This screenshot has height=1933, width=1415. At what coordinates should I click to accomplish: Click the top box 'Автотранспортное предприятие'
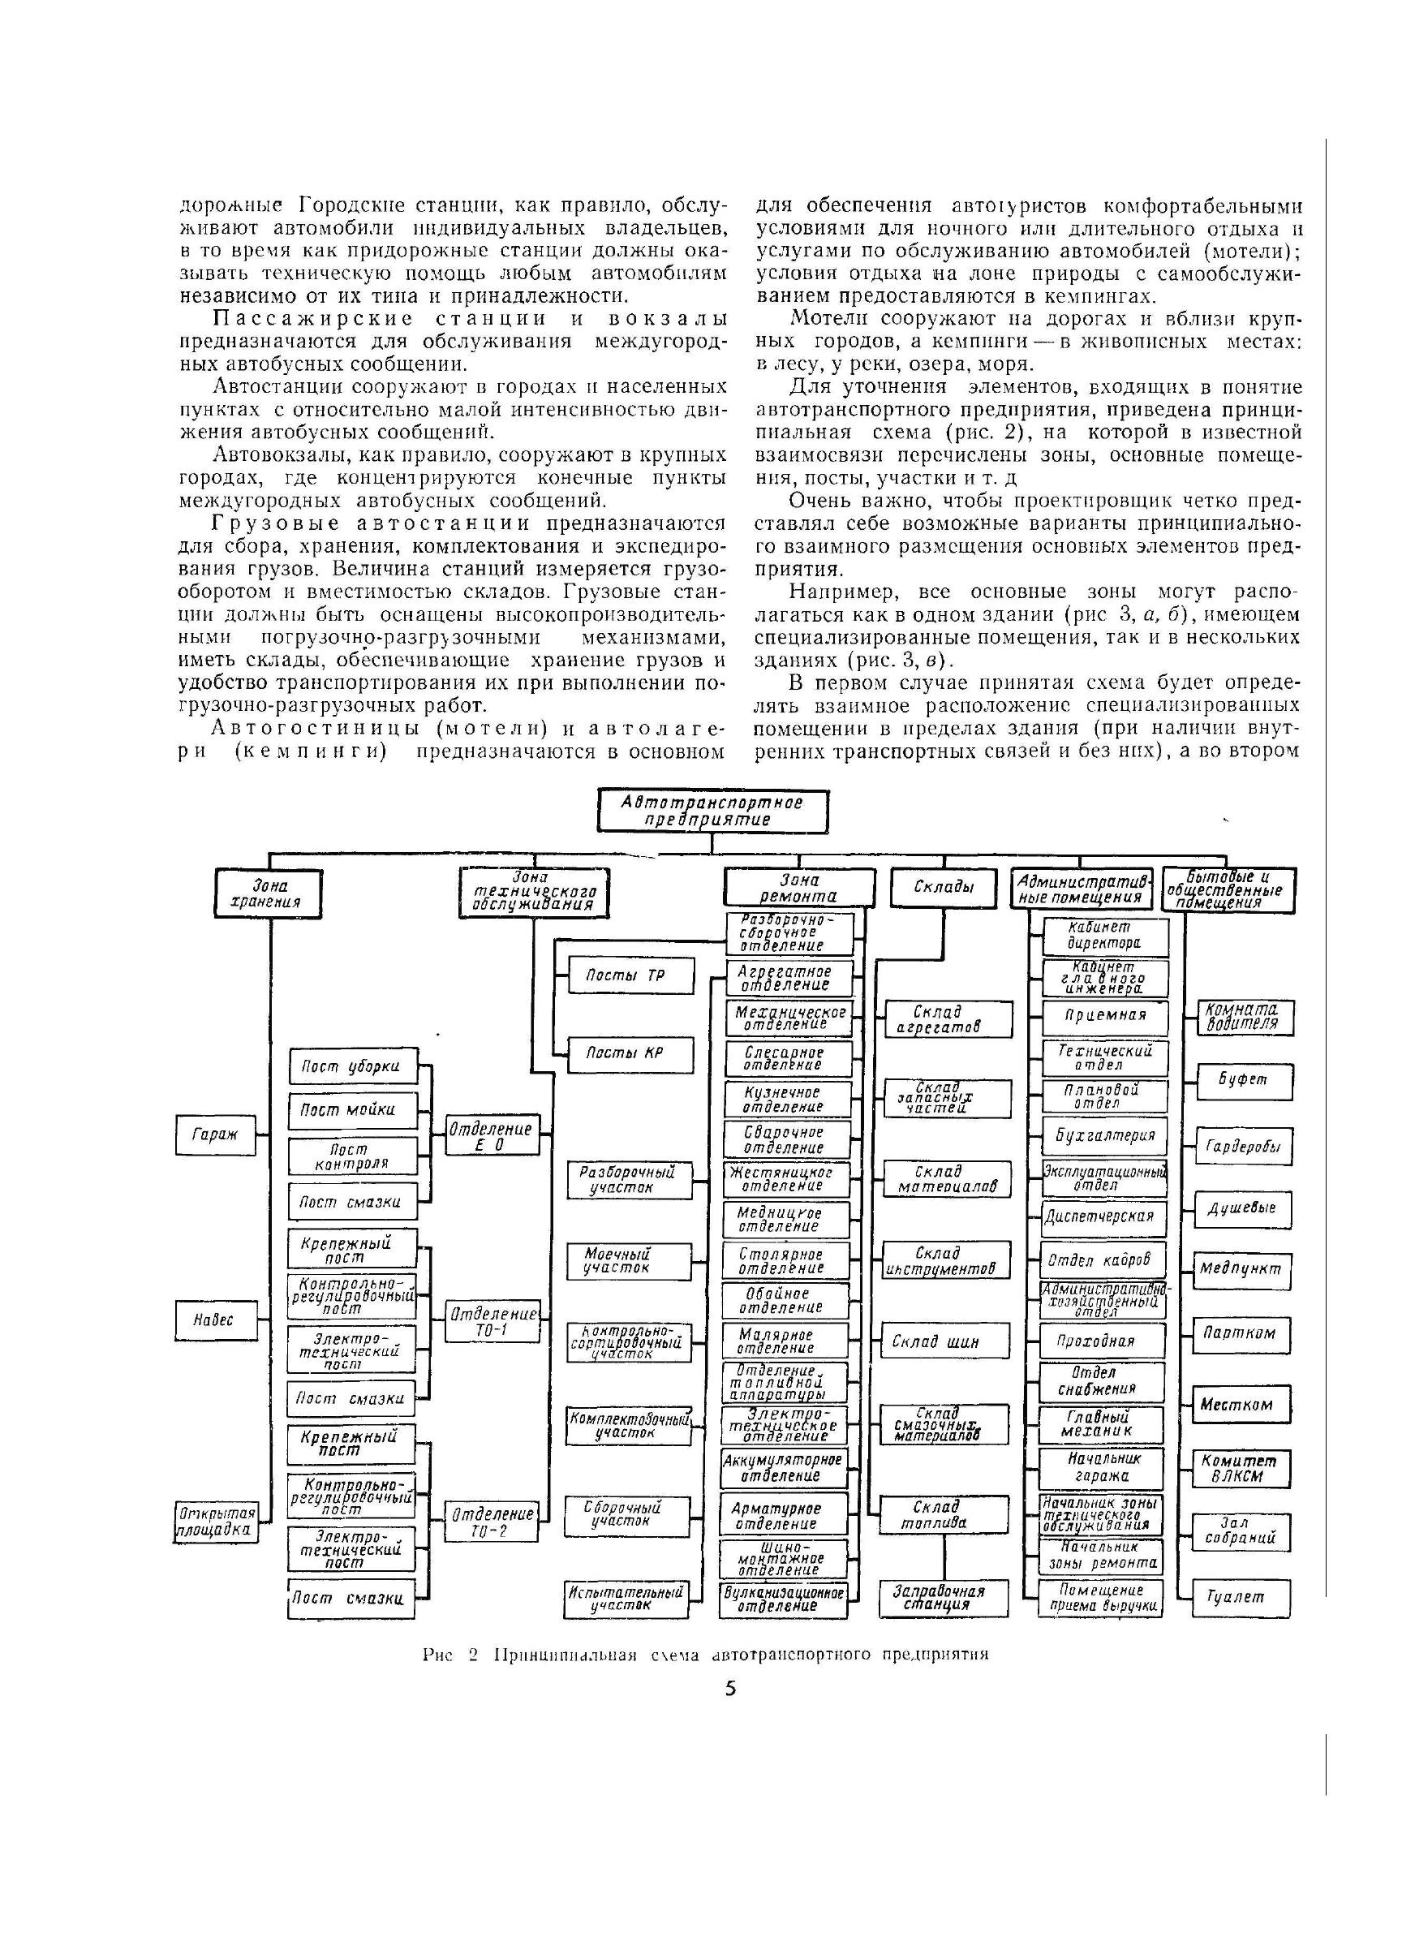(x=712, y=811)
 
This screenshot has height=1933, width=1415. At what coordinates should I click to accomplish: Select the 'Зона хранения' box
(x=268, y=893)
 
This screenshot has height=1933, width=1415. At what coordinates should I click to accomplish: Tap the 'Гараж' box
(x=215, y=1134)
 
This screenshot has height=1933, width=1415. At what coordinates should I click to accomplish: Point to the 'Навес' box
(x=213, y=1320)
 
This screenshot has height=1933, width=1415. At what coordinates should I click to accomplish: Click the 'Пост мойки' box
(x=353, y=1110)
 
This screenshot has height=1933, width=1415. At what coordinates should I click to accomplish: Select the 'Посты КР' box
(x=630, y=1053)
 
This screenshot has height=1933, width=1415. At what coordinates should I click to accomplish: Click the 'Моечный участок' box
(x=628, y=1261)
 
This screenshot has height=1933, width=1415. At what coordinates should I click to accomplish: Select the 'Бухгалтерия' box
(x=1105, y=1136)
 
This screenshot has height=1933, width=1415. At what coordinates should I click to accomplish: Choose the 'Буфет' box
(x=1244, y=1081)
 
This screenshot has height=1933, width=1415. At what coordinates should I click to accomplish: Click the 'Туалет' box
(x=1241, y=1597)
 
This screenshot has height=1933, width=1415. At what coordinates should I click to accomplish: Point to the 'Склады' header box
(x=944, y=888)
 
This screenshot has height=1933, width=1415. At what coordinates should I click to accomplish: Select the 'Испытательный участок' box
(x=626, y=1598)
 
